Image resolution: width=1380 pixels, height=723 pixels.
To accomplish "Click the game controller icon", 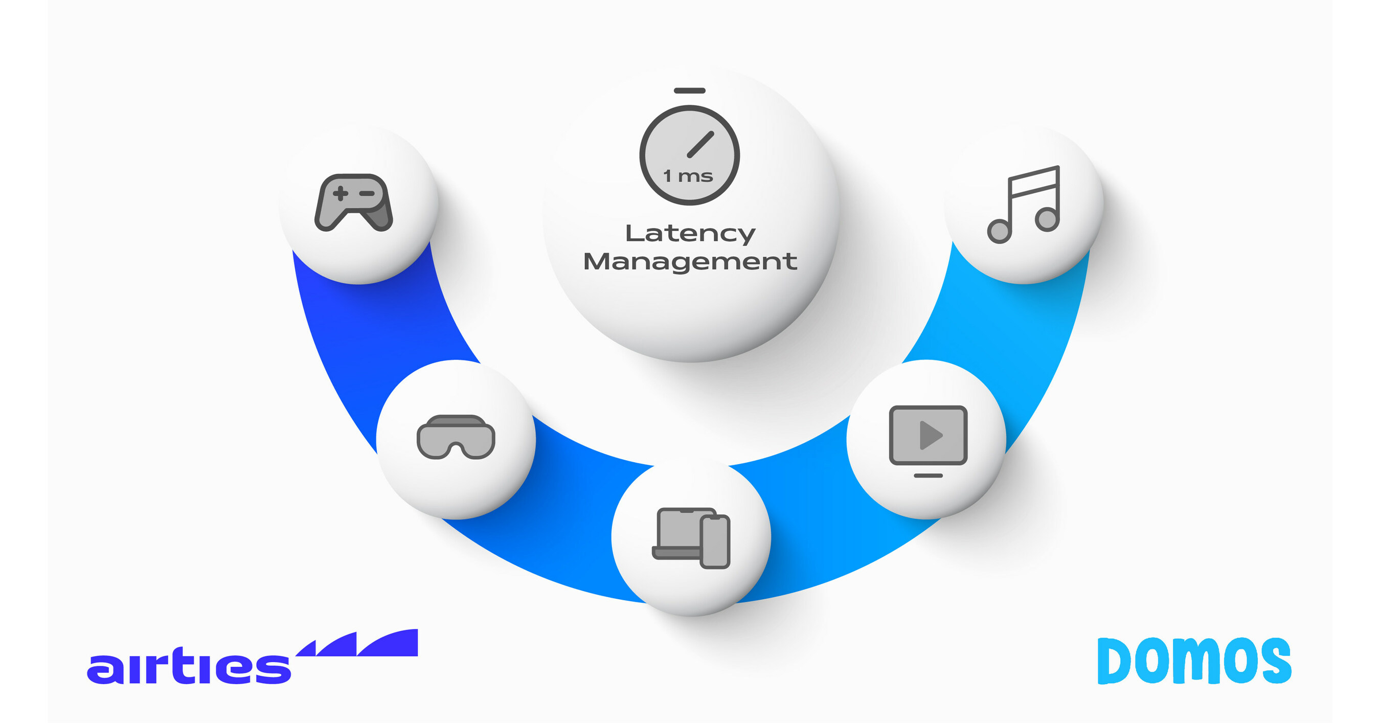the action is coord(354,202).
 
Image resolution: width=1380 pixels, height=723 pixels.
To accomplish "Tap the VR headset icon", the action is coord(456,437).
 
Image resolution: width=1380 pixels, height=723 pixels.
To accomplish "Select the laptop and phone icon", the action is coord(691,538).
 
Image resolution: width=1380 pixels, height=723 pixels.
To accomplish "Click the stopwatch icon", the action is coord(689,154).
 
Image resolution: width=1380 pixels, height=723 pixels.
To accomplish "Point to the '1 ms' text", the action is coord(688,176).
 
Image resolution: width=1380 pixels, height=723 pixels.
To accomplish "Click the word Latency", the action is coord(690,234).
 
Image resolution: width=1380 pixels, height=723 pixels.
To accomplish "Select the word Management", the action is coord(690,262).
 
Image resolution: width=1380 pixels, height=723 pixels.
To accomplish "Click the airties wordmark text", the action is coord(189,667).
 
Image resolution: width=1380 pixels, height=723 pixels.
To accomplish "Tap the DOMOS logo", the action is coord(1194,661).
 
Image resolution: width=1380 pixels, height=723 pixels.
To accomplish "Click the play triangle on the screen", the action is coord(931,435).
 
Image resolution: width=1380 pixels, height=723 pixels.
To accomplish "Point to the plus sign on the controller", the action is coord(340,193).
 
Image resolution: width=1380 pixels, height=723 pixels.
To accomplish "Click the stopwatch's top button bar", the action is coord(689,91).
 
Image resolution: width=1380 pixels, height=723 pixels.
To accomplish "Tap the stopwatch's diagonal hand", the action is coord(700,145).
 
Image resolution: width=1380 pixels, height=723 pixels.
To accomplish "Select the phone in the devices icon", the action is coord(715,541).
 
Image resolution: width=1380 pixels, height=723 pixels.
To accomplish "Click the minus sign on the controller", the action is coord(367,193).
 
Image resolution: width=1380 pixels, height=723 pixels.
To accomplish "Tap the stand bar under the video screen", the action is coord(928,476).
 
